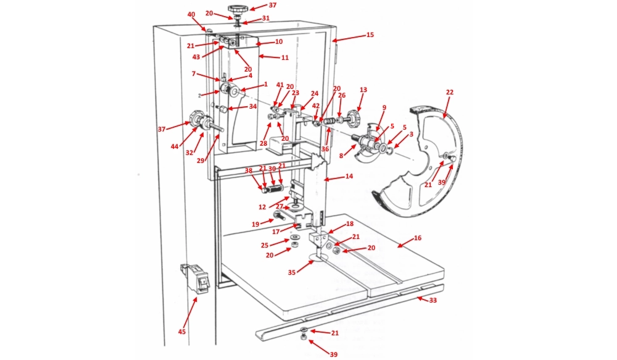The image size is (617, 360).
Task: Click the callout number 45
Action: coord(181,332)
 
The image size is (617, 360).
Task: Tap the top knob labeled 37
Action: coord(236,9)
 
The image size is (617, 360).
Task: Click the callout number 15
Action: coord(370,35)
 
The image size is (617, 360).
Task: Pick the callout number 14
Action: coord(349,176)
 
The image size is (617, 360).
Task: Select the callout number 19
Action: coord(255,224)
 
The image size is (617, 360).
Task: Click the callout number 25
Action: coord(264,245)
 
